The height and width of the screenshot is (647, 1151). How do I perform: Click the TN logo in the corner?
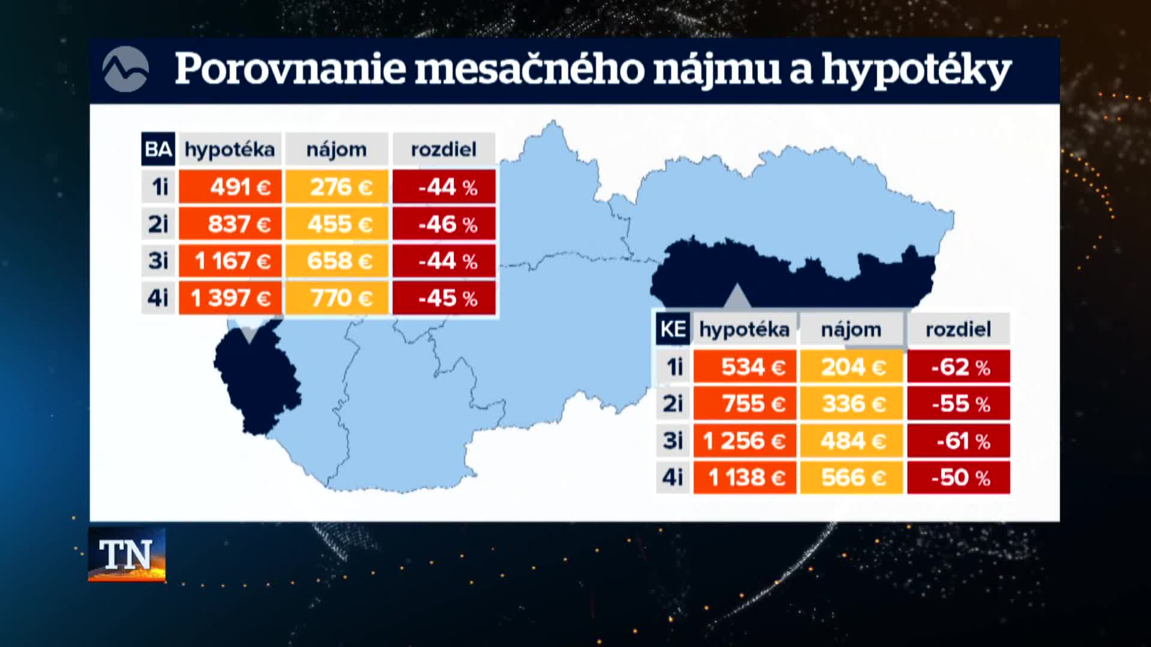pos(127,555)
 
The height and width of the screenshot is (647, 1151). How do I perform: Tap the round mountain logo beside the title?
pos(125,69)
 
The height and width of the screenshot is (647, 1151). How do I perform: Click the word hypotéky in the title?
pos(917,71)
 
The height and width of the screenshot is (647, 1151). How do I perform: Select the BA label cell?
pos(158,149)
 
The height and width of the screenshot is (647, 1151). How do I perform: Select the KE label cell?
pos(673,329)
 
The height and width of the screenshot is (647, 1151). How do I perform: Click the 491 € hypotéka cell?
pos(230,187)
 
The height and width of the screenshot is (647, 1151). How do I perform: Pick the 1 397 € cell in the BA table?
pos(230,298)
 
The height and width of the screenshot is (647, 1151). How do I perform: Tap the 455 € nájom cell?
pos(337,224)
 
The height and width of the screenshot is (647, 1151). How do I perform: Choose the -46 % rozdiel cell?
pos(444,224)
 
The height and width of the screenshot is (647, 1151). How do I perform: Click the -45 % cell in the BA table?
pos(444,298)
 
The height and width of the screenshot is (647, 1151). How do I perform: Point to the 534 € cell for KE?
pos(745,367)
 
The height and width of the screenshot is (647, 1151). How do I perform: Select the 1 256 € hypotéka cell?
pos(745,441)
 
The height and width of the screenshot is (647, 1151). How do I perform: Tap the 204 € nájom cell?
pos(851,367)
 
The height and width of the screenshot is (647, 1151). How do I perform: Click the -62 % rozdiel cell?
pos(959,367)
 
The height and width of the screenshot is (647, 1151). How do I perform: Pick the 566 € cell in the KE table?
pos(851,477)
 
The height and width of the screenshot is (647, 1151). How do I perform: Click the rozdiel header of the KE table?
pos(959,329)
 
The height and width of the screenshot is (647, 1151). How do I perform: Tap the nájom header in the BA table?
pos(337,149)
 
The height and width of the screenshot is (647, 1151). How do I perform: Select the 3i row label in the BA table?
pos(158,261)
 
